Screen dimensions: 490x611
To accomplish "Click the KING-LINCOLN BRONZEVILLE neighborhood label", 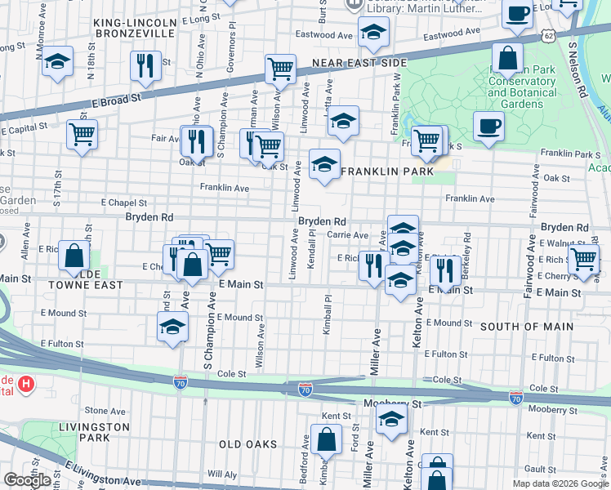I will [x=135, y=28].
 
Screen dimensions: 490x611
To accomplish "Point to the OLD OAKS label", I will [x=248, y=444].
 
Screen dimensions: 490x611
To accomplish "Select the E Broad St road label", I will [x=117, y=99].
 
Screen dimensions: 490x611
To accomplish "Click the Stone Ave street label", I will [x=97, y=411].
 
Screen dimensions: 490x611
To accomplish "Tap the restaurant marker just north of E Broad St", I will [x=145, y=65].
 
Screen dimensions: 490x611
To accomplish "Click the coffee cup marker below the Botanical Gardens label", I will [x=488, y=127].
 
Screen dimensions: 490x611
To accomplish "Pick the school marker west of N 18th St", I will [x=57, y=62].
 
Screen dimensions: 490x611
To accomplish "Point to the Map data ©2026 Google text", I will [x=560, y=483].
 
